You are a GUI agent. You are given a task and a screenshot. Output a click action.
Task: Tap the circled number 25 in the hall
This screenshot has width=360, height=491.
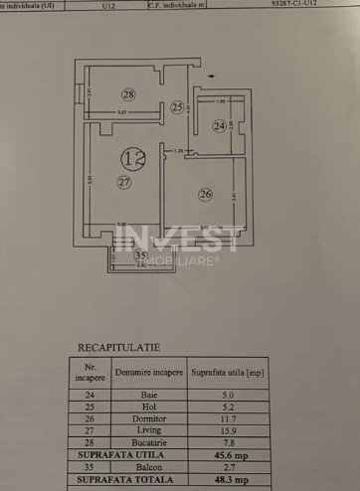click(x=176, y=107)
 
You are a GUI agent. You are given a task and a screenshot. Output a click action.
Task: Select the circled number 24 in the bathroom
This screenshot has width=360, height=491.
click(x=219, y=125)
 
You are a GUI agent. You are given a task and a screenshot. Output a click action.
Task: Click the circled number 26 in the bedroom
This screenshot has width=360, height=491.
click(x=205, y=194)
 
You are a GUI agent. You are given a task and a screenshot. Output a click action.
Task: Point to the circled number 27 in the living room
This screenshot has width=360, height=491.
click(x=123, y=182)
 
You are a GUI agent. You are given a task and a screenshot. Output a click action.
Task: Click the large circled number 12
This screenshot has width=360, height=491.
click(x=130, y=157)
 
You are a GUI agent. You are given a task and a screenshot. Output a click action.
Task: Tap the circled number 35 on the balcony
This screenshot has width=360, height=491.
click(x=139, y=254)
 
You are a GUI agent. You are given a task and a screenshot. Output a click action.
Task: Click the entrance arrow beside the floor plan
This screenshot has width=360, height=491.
click(x=208, y=74)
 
